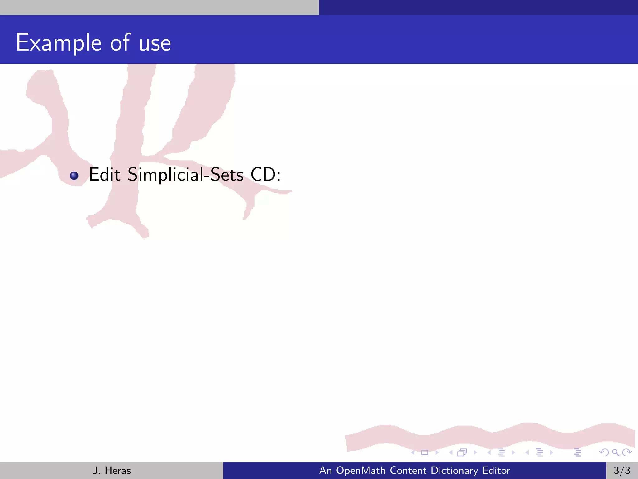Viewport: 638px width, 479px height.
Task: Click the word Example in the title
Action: pos(59,43)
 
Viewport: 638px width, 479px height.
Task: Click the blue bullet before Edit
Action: pos(74,176)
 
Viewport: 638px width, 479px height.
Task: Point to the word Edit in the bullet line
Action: pos(105,174)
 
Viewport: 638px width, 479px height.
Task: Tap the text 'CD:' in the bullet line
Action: pos(266,174)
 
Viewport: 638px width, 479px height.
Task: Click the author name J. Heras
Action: pos(112,470)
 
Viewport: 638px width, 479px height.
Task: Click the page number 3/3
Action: pos(622,470)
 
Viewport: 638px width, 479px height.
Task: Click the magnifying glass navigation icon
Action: pos(615,452)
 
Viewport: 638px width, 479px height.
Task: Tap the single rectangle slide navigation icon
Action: pos(425,452)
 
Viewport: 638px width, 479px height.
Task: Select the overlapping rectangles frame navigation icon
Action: pos(462,452)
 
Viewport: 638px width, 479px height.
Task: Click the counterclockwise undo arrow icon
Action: pos(604,452)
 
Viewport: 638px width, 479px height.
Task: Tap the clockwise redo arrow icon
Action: pos(627,452)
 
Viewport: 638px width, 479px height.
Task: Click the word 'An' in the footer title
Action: pos(326,470)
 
